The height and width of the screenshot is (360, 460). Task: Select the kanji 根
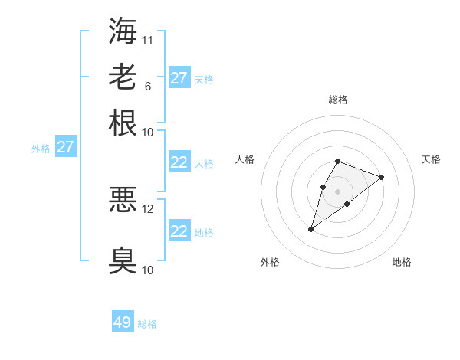click(x=123, y=123)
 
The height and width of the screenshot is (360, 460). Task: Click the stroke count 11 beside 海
click(x=148, y=39)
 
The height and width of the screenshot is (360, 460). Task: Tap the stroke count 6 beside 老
click(x=147, y=86)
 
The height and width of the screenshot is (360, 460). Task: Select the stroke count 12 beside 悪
click(x=148, y=208)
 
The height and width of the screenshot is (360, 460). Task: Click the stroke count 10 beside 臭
click(x=148, y=270)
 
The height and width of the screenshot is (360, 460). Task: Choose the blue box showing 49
click(x=123, y=322)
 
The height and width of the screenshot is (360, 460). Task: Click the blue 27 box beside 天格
click(x=179, y=78)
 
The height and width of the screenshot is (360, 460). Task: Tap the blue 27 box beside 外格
click(x=65, y=147)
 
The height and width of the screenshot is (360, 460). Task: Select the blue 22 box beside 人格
click(x=179, y=162)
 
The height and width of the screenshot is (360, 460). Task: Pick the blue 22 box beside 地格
click(x=179, y=231)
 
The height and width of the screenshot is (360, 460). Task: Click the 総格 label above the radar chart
click(x=337, y=100)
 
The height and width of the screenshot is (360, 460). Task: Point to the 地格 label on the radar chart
click(x=402, y=263)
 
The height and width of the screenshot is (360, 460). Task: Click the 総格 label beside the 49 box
click(x=147, y=324)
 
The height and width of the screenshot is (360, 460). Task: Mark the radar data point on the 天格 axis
click(x=381, y=177)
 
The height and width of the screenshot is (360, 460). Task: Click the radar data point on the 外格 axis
click(x=311, y=228)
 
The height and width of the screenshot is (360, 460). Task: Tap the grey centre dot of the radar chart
click(x=337, y=191)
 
